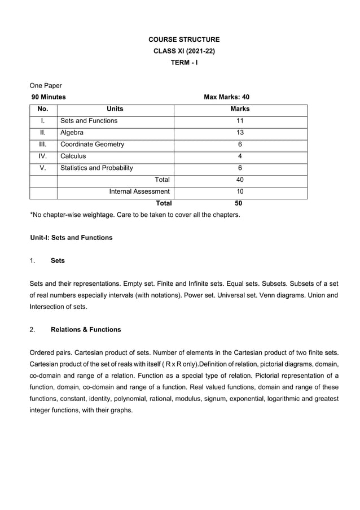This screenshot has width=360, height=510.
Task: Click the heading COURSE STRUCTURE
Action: coord(184,40)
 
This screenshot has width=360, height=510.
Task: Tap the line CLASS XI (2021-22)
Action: coord(184,51)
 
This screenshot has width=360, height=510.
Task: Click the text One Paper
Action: coord(46,85)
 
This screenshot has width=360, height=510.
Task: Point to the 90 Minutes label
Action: coord(49,97)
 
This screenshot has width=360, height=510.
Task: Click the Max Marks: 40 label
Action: coord(226,97)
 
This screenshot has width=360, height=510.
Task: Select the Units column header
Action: coord(115,109)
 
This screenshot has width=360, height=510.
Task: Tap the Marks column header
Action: coord(240,109)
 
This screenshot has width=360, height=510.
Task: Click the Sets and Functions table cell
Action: coord(89,121)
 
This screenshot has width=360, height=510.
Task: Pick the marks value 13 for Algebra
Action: coord(240,133)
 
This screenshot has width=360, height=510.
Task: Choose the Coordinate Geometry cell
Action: coord(92,145)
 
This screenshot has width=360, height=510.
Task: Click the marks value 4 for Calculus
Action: coord(240,156)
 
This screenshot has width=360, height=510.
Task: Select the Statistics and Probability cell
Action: coord(96,168)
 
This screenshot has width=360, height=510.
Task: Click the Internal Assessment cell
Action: coord(139,192)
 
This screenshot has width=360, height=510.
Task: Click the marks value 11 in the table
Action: coord(240,121)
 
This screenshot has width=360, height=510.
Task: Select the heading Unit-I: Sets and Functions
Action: coord(71,238)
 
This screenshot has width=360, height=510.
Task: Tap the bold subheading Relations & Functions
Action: coord(86,329)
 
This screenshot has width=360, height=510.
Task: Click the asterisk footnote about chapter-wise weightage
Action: coord(134,215)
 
